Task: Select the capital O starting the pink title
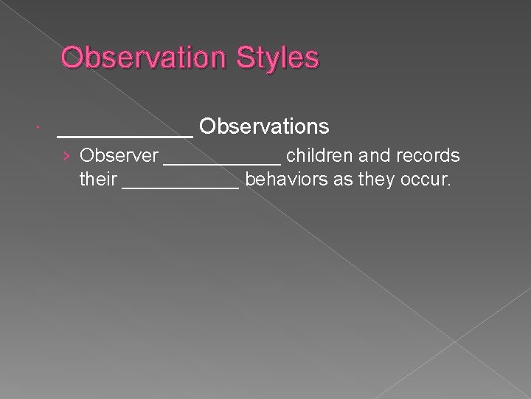[x=72, y=58]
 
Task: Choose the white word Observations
[x=264, y=127]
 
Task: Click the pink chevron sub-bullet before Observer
[x=67, y=157]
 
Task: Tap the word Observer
[x=119, y=156]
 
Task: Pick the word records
[x=428, y=156]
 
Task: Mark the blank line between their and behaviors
[x=181, y=186]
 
